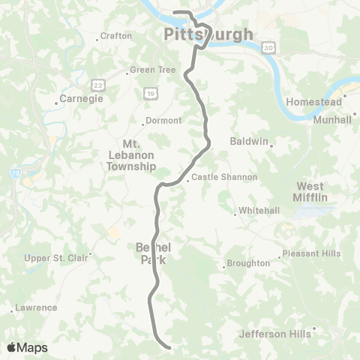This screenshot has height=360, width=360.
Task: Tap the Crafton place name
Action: (118, 36)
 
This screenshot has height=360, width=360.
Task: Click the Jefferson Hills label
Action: (275, 334)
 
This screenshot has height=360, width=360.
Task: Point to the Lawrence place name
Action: (36, 307)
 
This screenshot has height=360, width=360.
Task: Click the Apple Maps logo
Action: (27, 347)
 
